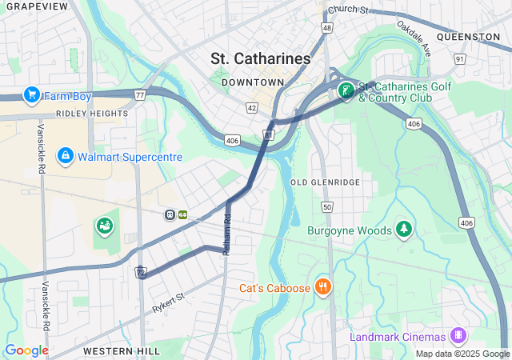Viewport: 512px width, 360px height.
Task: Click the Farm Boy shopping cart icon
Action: (32, 95)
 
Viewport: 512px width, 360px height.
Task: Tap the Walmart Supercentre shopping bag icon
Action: (66, 156)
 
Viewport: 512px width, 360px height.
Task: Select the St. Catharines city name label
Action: (261, 59)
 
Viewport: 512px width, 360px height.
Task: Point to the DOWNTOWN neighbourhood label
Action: (253, 82)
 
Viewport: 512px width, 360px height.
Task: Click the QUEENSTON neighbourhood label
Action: (469, 37)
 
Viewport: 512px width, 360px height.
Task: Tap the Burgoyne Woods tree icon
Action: (405, 230)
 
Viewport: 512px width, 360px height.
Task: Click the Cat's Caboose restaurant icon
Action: (323, 287)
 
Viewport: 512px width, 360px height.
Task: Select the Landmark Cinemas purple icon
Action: (458, 335)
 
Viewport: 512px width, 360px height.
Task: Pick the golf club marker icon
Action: (346, 91)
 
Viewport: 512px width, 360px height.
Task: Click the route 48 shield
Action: (326, 27)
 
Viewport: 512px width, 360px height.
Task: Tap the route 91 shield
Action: (459, 58)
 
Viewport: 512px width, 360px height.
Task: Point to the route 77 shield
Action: (140, 95)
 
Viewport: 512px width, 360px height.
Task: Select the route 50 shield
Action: (326, 207)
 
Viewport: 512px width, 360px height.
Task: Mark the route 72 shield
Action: (141, 274)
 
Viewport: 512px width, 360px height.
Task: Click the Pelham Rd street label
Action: (227, 230)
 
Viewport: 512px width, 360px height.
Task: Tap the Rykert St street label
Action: (168, 302)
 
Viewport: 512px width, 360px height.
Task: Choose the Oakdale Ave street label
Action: (414, 38)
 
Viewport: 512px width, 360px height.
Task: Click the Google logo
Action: (26, 350)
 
